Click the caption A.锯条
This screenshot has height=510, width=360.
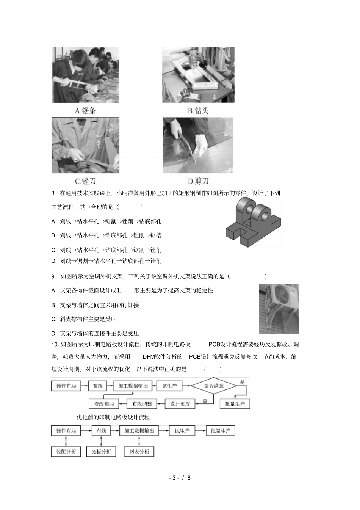click(x=85, y=111)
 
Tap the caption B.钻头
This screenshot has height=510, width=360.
click(x=198, y=111)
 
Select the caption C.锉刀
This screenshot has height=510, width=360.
click(x=85, y=181)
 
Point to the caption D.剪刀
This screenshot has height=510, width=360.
click(x=198, y=181)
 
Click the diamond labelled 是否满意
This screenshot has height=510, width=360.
click(x=214, y=386)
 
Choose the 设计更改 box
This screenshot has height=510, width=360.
click(x=180, y=403)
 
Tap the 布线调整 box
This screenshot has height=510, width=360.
click(x=142, y=403)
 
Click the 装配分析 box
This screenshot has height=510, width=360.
click(x=66, y=451)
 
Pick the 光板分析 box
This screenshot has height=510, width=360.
click(x=101, y=451)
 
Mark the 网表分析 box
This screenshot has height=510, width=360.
click(x=139, y=451)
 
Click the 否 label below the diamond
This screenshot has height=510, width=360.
click(x=205, y=400)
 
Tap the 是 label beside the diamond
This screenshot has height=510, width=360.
click(x=242, y=382)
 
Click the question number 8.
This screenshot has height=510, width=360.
click(x=53, y=193)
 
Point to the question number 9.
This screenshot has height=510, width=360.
click(x=53, y=276)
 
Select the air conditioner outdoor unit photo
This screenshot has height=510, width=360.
click(x=279, y=309)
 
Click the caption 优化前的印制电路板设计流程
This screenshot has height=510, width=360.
click(x=113, y=417)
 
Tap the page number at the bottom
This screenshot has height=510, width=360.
click(x=180, y=478)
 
